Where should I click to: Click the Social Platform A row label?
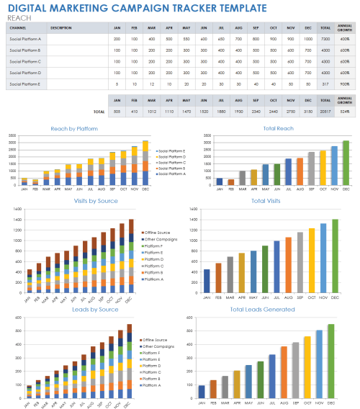pyautogui.click(x=24, y=39)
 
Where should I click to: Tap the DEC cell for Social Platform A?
pyautogui.click(x=308, y=39)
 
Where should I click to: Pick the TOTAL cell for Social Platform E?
pyautogui.click(x=325, y=84)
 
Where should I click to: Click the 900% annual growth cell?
pyautogui.click(x=344, y=84)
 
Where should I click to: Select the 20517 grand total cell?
pyautogui.click(x=325, y=112)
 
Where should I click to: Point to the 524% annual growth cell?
pyautogui.click(x=344, y=112)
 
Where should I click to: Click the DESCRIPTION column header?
pyautogui.click(x=61, y=27)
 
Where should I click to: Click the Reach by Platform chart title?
pyautogui.click(x=75, y=129)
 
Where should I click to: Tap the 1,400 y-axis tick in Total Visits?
pyautogui.click(x=192, y=209)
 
